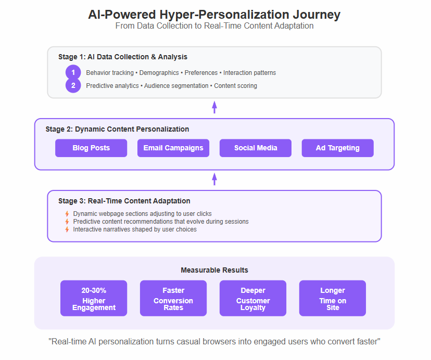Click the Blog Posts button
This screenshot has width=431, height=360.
coord(91,148)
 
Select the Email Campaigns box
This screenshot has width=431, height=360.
coord(173,148)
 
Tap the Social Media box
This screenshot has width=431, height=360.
coord(256,148)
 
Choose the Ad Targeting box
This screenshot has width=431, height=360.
coord(337,148)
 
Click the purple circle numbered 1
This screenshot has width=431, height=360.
coord(73,72)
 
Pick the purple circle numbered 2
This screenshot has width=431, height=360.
coord(73,85)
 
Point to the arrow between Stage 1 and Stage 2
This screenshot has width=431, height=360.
coord(214,107)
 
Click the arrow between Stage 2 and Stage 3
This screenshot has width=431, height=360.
coord(214,179)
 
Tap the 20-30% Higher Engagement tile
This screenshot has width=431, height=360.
coord(94,298)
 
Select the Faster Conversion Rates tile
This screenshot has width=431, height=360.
coord(173,298)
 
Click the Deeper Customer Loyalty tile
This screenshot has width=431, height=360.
coord(253,298)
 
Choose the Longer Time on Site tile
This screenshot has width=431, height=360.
coord(333,298)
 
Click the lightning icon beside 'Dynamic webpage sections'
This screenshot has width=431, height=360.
coord(67,213)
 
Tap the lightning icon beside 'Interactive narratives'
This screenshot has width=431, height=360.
coord(67,229)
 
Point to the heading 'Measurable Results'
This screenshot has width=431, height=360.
coord(214,270)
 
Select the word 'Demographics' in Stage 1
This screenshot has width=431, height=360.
coord(159,73)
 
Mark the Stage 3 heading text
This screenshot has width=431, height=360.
coord(124,201)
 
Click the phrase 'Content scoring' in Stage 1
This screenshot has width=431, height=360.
coord(236,86)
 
